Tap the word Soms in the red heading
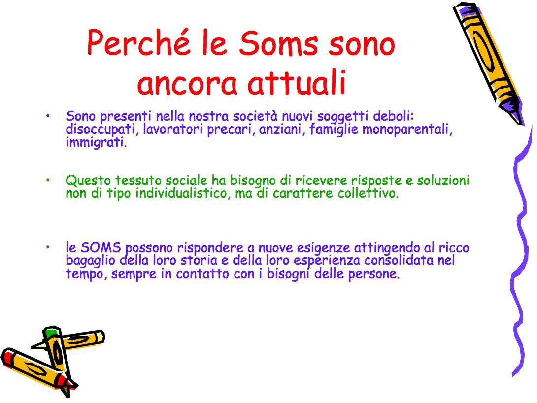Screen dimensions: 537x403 pyautogui.click(x=278, y=43)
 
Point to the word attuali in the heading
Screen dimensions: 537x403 pyautogui.click(x=297, y=82)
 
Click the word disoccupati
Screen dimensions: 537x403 pyautogui.click(x=101, y=130)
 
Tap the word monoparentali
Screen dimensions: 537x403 pyautogui.click(x=407, y=130)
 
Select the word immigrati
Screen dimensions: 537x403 pyautogui.click(x=96, y=142)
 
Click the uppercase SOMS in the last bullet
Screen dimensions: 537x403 pyautogui.click(x=101, y=247)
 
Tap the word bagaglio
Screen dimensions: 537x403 pyautogui.click(x=91, y=260)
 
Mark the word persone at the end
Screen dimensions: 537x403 pyautogui.click(x=374, y=274)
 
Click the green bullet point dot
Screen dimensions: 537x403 pyautogui.click(x=48, y=180)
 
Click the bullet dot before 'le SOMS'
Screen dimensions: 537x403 pyautogui.click(x=48, y=247)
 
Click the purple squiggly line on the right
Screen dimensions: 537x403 pyautogui.click(x=521, y=251)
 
